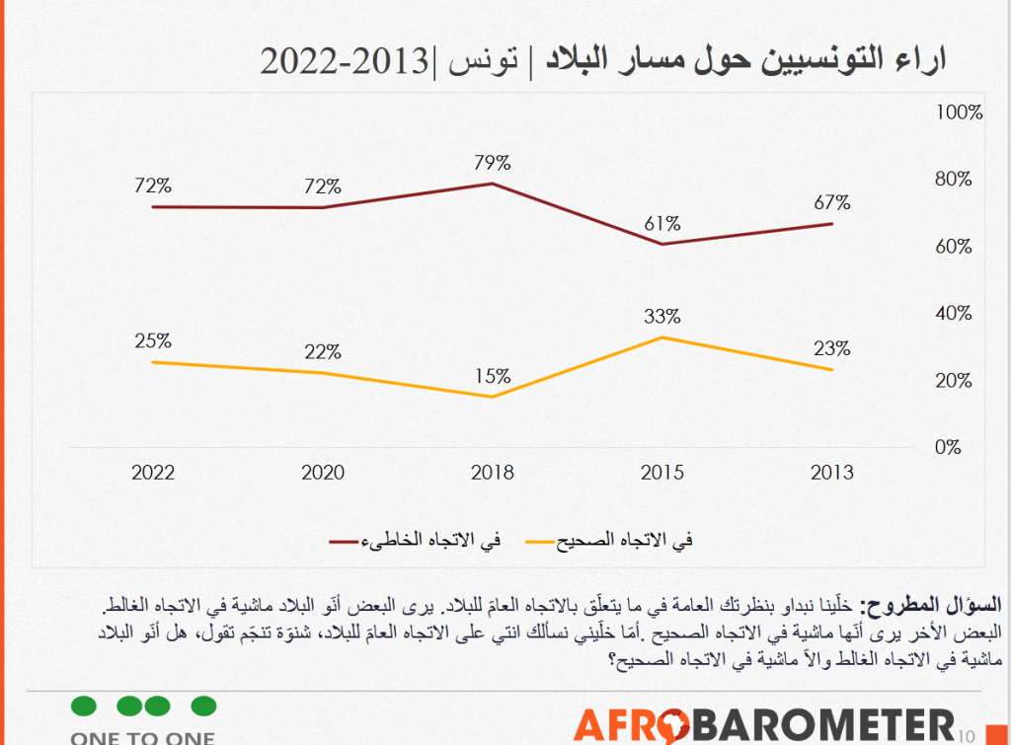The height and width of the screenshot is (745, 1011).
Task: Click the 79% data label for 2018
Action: (492, 161)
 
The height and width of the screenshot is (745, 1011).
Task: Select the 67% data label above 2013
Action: (832, 202)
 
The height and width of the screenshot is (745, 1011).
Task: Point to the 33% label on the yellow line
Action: (662, 317)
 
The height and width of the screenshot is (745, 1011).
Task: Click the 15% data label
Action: (492, 376)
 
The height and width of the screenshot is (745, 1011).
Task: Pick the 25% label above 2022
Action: (153, 341)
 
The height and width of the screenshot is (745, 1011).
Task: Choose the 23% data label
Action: (832, 348)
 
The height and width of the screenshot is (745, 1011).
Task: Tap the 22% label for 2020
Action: (323, 352)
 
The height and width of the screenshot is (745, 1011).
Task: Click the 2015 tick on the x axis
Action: (662, 473)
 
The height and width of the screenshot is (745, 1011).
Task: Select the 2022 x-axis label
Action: (153, 473)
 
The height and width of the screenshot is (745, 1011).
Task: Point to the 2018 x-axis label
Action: (492, 473)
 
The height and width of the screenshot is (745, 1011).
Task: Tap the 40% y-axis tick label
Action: (954, 314)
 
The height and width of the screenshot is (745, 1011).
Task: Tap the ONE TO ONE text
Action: (143, 736)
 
